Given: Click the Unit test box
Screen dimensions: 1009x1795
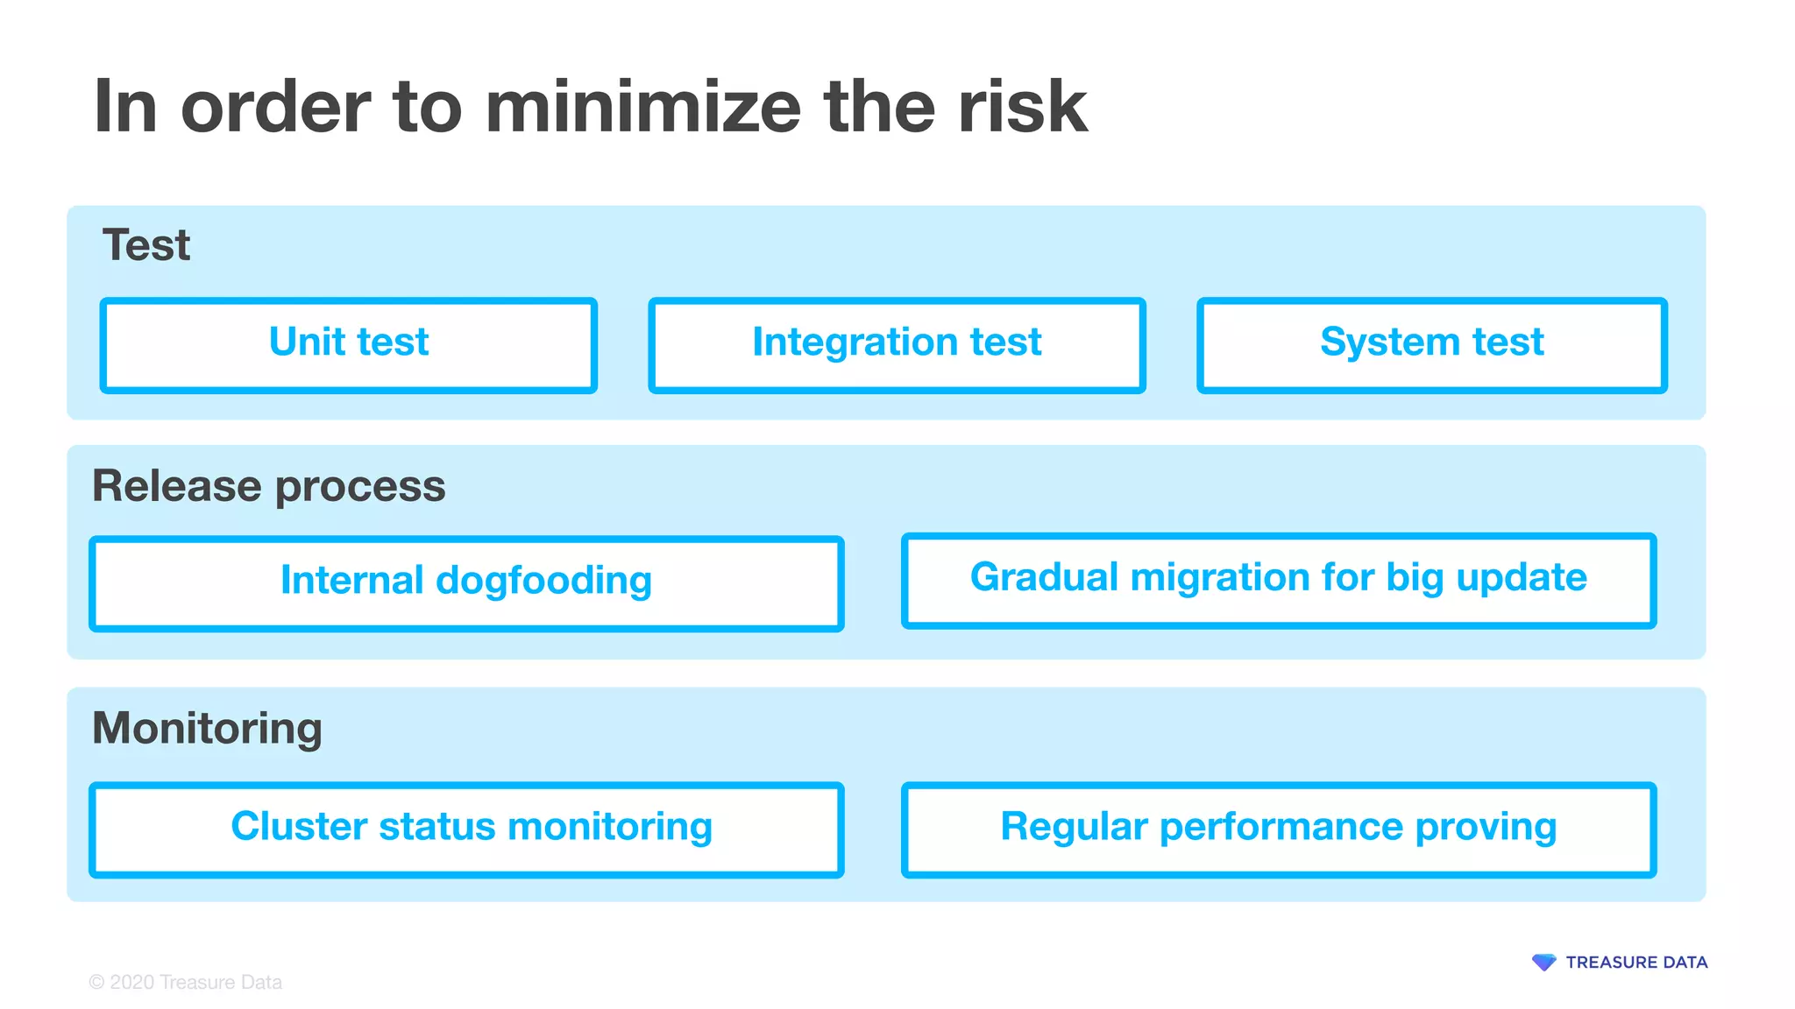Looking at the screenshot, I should point(349,345).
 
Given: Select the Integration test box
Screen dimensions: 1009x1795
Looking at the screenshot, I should point(897,345).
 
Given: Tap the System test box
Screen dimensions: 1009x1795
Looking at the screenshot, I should point(1431,345).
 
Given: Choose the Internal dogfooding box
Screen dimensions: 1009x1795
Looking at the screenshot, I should point(466,583).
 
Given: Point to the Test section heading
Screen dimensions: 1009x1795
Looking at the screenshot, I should point(146,245).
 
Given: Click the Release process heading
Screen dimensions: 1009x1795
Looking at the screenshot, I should point(269,487).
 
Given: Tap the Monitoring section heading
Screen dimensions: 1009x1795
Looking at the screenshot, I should point(208,729).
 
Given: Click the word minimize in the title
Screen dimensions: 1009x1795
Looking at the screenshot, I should point(642,107).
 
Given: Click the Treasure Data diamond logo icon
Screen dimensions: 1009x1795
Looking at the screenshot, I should point(1543,963).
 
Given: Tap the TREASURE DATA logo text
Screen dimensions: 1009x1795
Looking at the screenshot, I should point(1636,963).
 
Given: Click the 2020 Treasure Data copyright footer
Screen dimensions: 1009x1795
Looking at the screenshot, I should point(186,983).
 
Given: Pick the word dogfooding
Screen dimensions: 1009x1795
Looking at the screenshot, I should point(543,582).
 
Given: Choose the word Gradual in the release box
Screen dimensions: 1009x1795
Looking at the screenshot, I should point(1044,578).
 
